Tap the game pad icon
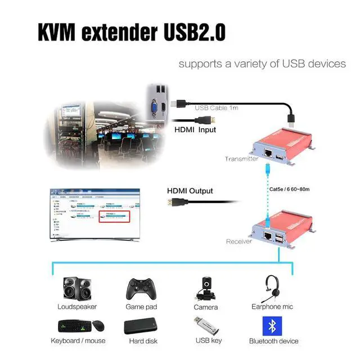click(x=141, y=289)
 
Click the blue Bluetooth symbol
click(x=273, y=326)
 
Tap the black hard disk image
click(x=141, y=327)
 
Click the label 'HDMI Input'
click(x=196, y=130)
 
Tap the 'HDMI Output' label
click(x=190, y=191)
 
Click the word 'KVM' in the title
click(x=58, y=32)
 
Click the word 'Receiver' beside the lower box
click(x=238, y=241)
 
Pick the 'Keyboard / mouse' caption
click(x=78, y=341)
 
